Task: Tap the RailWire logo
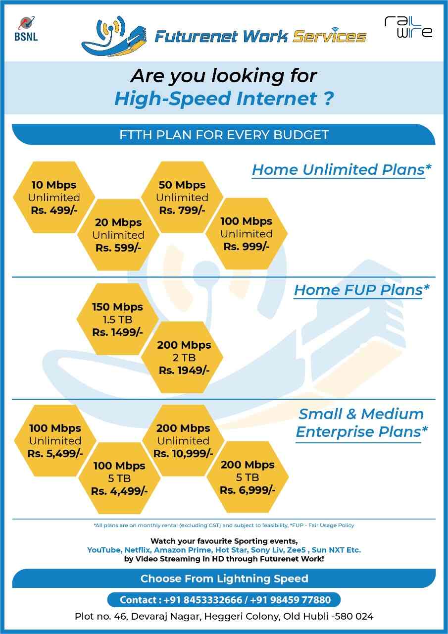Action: tap(408, 27)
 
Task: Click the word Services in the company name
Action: tap(329, 37)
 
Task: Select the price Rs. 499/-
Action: tap(54, 210)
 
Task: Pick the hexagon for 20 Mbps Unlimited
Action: tap(118, 235)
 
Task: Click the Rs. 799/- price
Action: tap(182, 210)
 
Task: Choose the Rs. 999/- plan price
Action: tap(246, 246)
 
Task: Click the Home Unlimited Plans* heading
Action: tap(341, 169)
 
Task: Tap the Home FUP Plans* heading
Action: tap(361, 290)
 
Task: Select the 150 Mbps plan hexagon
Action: tap(117, 319)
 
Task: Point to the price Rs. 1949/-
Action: tap(184, 370)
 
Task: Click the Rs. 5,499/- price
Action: tap(55, 453)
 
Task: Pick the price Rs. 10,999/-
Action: tap(183, 453)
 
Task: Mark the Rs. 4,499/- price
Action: tap(119, 491)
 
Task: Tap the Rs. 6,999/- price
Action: tap(247, 490)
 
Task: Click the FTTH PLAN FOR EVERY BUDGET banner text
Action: tap(224, 135)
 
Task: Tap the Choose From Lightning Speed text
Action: tap(224, 578)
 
